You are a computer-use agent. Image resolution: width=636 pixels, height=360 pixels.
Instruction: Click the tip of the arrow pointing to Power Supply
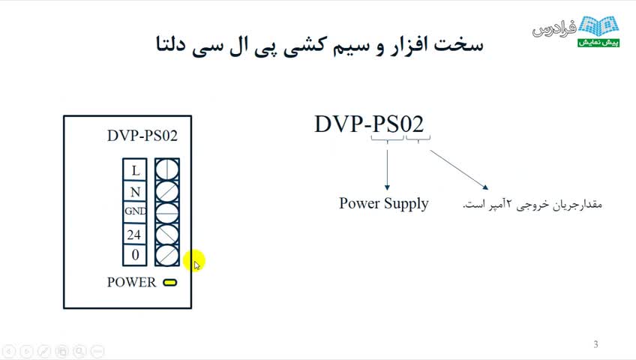387,190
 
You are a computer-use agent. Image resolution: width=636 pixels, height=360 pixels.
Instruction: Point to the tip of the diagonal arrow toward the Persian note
488,189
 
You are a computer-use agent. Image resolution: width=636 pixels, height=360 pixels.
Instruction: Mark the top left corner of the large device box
64,116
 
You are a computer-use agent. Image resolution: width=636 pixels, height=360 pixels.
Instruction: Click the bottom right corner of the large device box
191,308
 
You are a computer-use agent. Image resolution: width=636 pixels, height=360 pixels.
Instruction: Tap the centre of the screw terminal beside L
167,169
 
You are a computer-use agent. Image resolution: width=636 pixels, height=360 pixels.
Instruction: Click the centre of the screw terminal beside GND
167,212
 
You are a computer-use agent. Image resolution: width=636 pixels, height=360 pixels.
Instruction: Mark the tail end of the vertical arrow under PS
387,151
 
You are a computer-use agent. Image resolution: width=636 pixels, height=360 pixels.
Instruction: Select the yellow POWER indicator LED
170,283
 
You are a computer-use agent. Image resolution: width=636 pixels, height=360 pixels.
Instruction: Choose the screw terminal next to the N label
167,191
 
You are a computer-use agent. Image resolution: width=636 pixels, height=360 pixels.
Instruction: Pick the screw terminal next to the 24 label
167,234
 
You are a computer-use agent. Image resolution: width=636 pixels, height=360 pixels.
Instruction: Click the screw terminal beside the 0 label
167,256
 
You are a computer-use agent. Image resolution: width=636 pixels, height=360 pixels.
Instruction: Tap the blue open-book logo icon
598,26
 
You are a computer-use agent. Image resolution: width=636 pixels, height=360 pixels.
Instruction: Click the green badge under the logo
598,43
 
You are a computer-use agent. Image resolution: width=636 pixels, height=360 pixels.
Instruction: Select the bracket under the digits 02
418,139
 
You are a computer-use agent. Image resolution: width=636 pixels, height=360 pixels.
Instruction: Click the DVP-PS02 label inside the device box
142,136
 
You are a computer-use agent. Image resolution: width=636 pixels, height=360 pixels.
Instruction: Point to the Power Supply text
384,203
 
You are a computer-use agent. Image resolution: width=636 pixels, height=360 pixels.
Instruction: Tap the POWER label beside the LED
131,282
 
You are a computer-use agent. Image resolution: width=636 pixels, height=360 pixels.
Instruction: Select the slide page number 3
595,344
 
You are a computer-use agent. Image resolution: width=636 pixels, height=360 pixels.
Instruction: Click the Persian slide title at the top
319,44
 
